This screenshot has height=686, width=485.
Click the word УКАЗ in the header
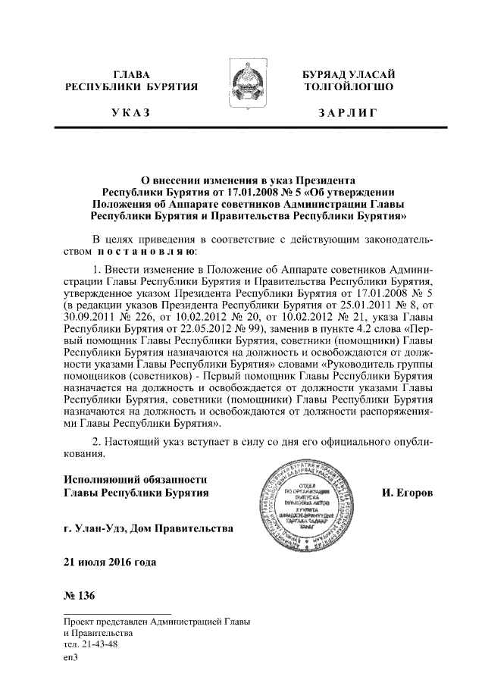[x=130, y=114]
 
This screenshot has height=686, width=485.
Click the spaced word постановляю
[x=144, y=249]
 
